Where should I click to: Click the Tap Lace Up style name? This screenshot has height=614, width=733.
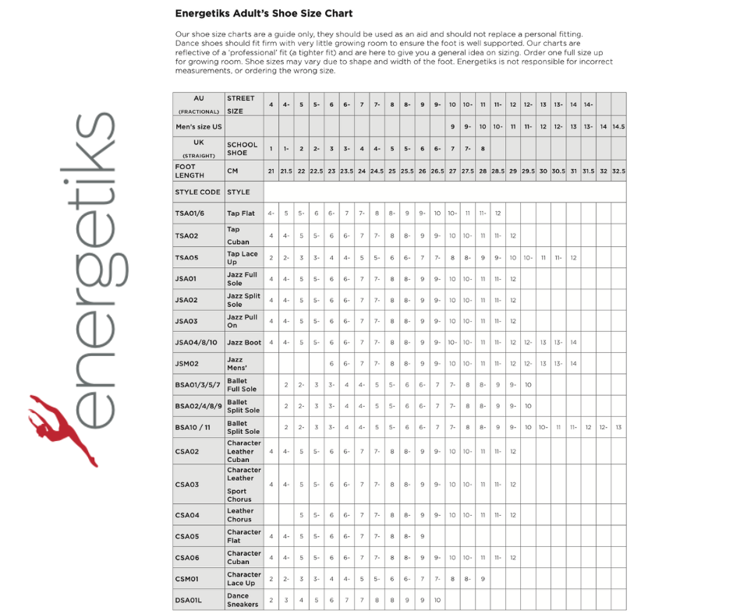click(x=242, y=258)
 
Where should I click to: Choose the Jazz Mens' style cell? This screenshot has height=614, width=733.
click(x=235, y=363)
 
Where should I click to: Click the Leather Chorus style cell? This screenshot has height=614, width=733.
click(x=240, y=515)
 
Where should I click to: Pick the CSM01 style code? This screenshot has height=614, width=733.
click(x=188, y=579)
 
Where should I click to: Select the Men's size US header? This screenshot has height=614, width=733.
click(x=198, y=126)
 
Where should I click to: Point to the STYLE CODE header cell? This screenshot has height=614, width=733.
click(x=197, y=192)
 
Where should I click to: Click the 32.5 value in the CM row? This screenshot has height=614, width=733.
click(x=618, y=171)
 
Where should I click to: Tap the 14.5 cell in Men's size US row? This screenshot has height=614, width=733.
click(x=618, y=126)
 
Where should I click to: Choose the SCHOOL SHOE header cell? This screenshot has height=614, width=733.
click(x=242, y=149)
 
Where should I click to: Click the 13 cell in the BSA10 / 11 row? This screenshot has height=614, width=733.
click(x=618, y=427)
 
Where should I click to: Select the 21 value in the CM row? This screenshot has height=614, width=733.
click(x=271, y=171)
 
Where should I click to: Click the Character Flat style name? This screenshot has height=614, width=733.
click(x=244, y=536)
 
